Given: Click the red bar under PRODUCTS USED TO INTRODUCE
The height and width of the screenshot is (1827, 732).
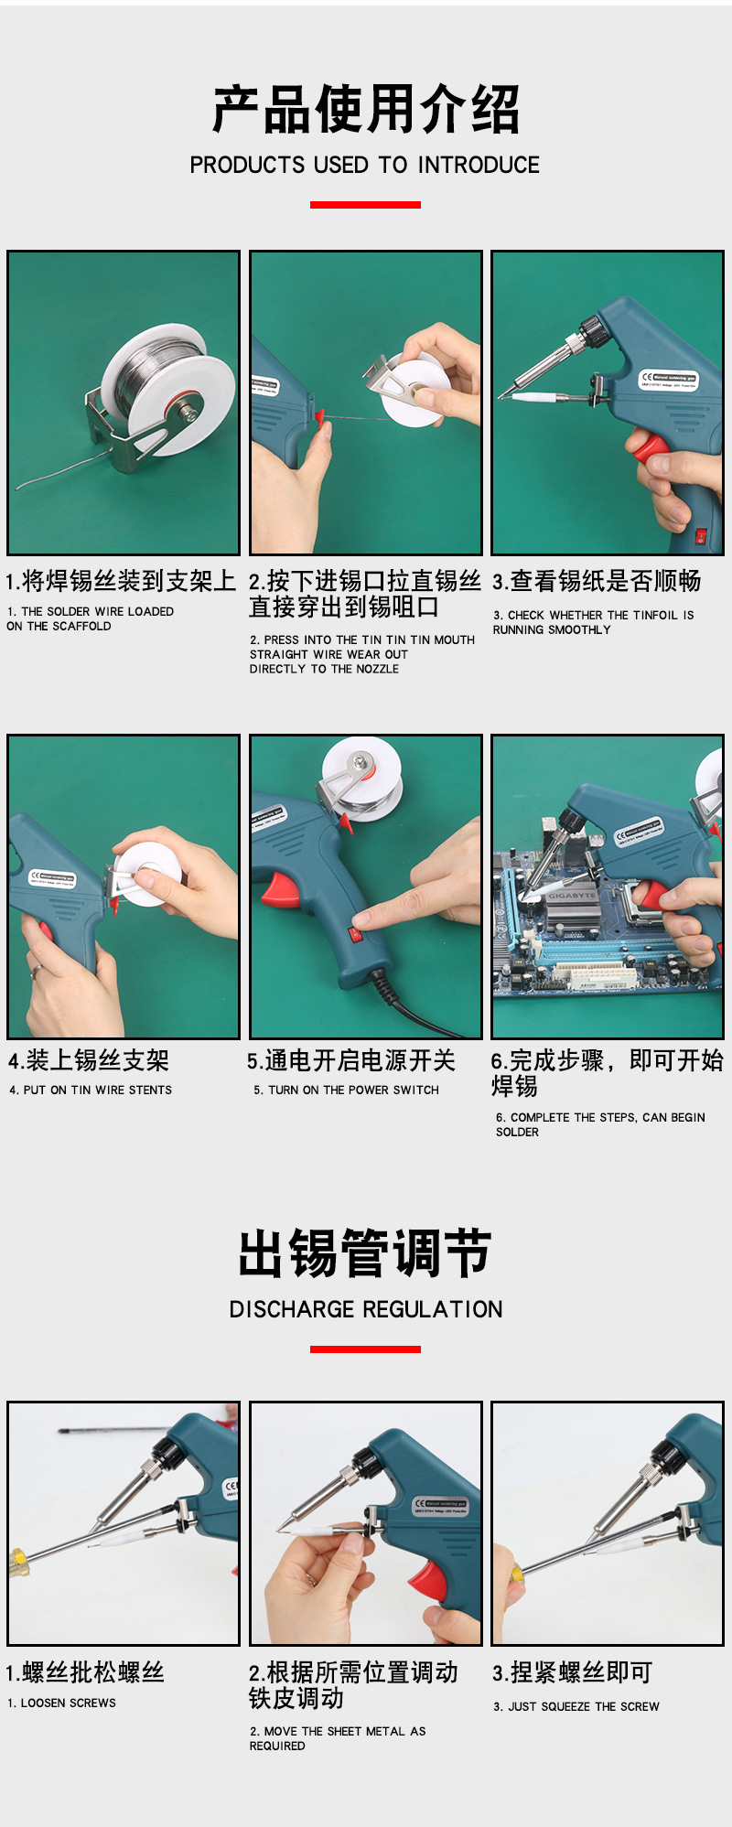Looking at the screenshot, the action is pyautogui.click(x=365, y=205).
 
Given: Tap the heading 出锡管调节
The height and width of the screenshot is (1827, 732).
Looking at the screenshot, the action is pyautogui.click(x=365, y=1252).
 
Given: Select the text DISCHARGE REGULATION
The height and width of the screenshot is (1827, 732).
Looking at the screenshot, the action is pyautogui.click(x=366, y=1309).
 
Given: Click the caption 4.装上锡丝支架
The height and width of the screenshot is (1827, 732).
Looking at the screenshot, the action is pyautogui.click(x=89, y=1060).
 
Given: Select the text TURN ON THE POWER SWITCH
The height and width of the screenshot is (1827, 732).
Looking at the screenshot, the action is pyautogui.click(x=353, y=1090).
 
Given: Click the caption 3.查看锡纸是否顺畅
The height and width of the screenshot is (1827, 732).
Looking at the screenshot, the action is pyautogui.click(x=597, y=581).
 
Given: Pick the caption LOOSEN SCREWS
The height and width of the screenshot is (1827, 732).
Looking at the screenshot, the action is pyautogui.click(x=69, y=1703).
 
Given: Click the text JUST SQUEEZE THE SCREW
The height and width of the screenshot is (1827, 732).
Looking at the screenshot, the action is pyautogui.click(x=584, y=1706).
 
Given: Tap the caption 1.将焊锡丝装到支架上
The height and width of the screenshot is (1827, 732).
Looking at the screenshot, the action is pyautogui.click(x=121, y=581).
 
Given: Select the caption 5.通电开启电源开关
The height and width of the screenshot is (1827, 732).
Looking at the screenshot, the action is pyautogui.click(x=351, y=1060).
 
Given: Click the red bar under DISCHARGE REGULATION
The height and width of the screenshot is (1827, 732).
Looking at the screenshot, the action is pyautogui.click(x=365, y=1349).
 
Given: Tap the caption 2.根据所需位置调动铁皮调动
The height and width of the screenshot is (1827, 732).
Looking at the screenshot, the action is pyautogui.click(x=353, y=1685).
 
